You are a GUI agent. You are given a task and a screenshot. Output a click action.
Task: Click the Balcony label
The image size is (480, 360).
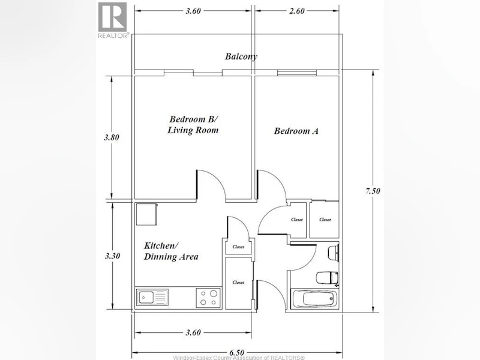pos(241,56)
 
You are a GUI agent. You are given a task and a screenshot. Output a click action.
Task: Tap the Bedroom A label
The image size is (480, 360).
pos(296,131)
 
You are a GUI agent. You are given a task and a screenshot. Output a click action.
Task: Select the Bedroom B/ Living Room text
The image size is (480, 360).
pos(193,125)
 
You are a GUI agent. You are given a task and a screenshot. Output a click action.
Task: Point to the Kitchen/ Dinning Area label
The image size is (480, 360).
pos(171,251)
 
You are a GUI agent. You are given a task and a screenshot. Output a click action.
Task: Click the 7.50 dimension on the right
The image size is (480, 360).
pos(373,191)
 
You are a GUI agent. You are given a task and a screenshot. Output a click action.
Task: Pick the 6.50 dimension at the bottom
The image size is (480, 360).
pos(236,353)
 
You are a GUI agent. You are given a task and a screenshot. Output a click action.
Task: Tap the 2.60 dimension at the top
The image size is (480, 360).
pos(296,11)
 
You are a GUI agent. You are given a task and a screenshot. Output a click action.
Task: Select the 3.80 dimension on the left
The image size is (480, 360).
pos(112,137)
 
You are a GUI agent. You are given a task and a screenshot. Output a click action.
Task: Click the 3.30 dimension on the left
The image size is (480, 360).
pos(112,256)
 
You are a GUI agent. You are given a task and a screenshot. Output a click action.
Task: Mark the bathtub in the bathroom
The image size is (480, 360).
pos(316,298)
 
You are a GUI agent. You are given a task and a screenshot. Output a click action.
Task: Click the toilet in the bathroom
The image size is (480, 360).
pos(327,278)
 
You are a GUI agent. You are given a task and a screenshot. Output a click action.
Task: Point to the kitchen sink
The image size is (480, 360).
pos(152,297)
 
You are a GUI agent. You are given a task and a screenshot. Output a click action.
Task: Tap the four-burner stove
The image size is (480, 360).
pos(208,298)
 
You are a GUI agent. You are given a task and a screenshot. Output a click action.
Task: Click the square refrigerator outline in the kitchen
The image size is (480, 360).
pos(146,214)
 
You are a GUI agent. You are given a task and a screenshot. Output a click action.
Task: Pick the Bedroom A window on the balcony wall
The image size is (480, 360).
pos(296,73)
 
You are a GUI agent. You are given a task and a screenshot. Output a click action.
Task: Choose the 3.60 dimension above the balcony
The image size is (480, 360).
pos(193,11)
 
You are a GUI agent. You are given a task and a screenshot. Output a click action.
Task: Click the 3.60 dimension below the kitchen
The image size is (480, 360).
pos(193,333)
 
